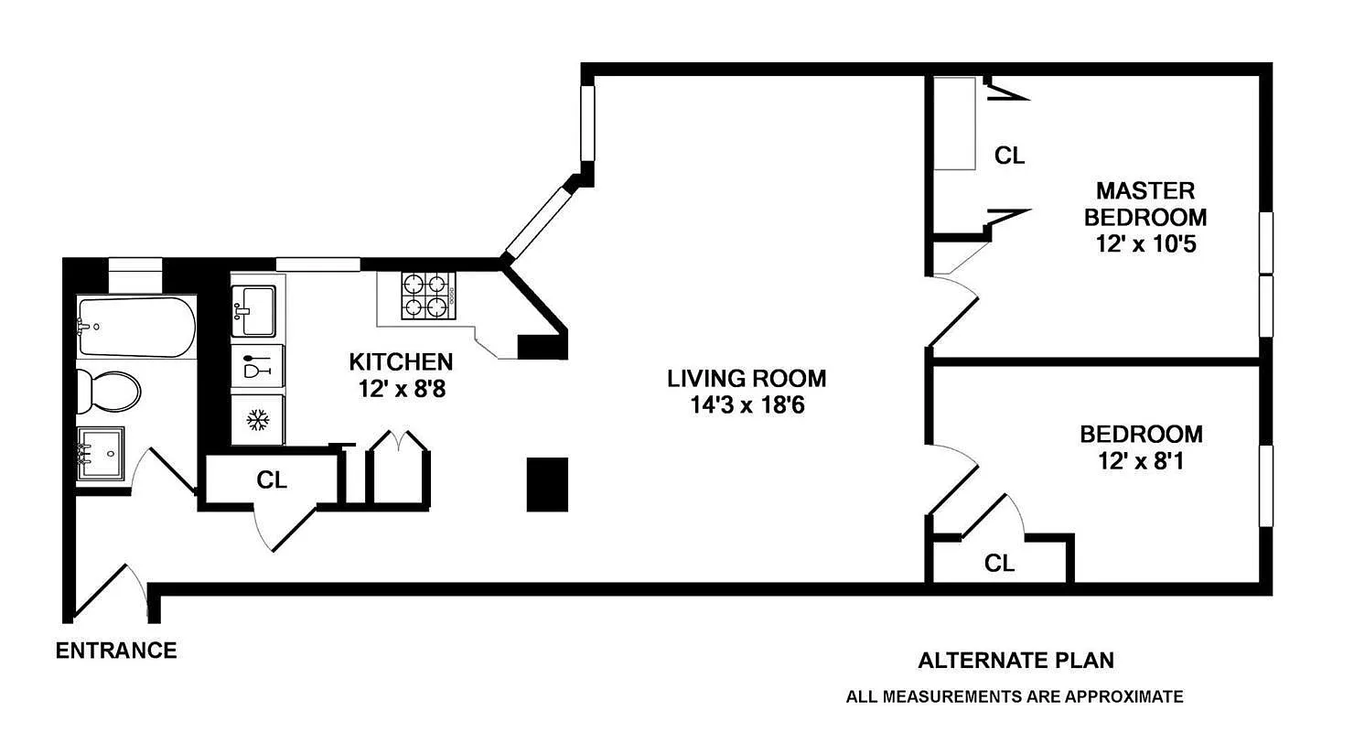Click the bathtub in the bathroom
pos(136,328)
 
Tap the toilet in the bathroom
pos(108,391)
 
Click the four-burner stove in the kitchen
pos(428,296)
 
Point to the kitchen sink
pos(253,311)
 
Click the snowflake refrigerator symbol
pos(258,420)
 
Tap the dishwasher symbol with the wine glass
pos(258,368)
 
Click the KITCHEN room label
pos(401,362)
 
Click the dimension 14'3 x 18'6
pos(747,404)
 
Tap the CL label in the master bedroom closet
pos(1009,156)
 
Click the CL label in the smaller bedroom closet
pos(999,564)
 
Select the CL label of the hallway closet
pos(272,479)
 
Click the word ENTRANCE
pos(116,651)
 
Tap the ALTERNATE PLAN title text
pos(1015,661)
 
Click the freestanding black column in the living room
pos(547,484)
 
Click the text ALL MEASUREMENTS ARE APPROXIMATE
pos(1014,697)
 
